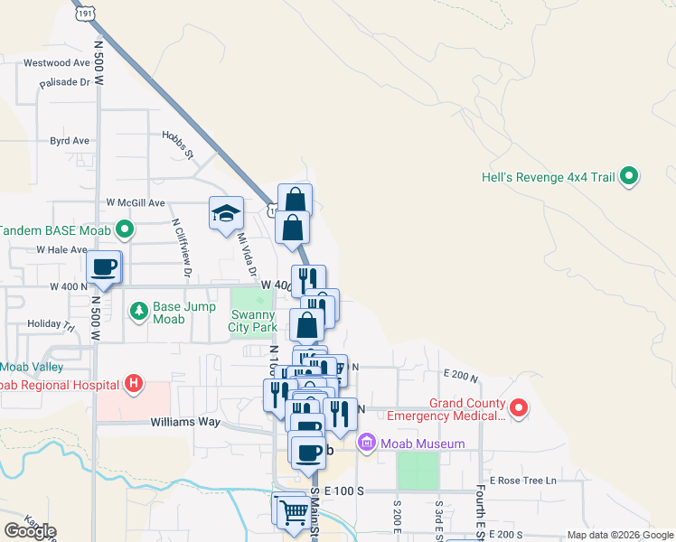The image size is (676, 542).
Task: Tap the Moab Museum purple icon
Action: coord(366,443)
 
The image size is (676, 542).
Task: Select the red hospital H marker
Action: coord(134,385)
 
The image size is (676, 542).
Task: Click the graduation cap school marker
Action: coord(226,214)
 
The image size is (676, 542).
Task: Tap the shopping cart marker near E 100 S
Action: coord(294,511)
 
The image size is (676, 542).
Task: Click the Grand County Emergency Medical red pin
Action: coord(519,408)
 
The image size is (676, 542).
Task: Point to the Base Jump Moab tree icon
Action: coord(138,313)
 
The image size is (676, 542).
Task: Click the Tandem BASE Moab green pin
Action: coord(125,229)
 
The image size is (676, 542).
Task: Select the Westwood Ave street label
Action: coord(58,63)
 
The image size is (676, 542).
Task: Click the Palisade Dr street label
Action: coord(65,82)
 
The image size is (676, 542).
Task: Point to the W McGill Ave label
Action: coord(136,202)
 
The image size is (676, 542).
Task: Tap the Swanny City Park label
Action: coord(252,322)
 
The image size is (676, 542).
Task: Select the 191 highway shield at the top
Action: coord(85,14)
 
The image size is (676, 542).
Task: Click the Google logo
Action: coord(30,531)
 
